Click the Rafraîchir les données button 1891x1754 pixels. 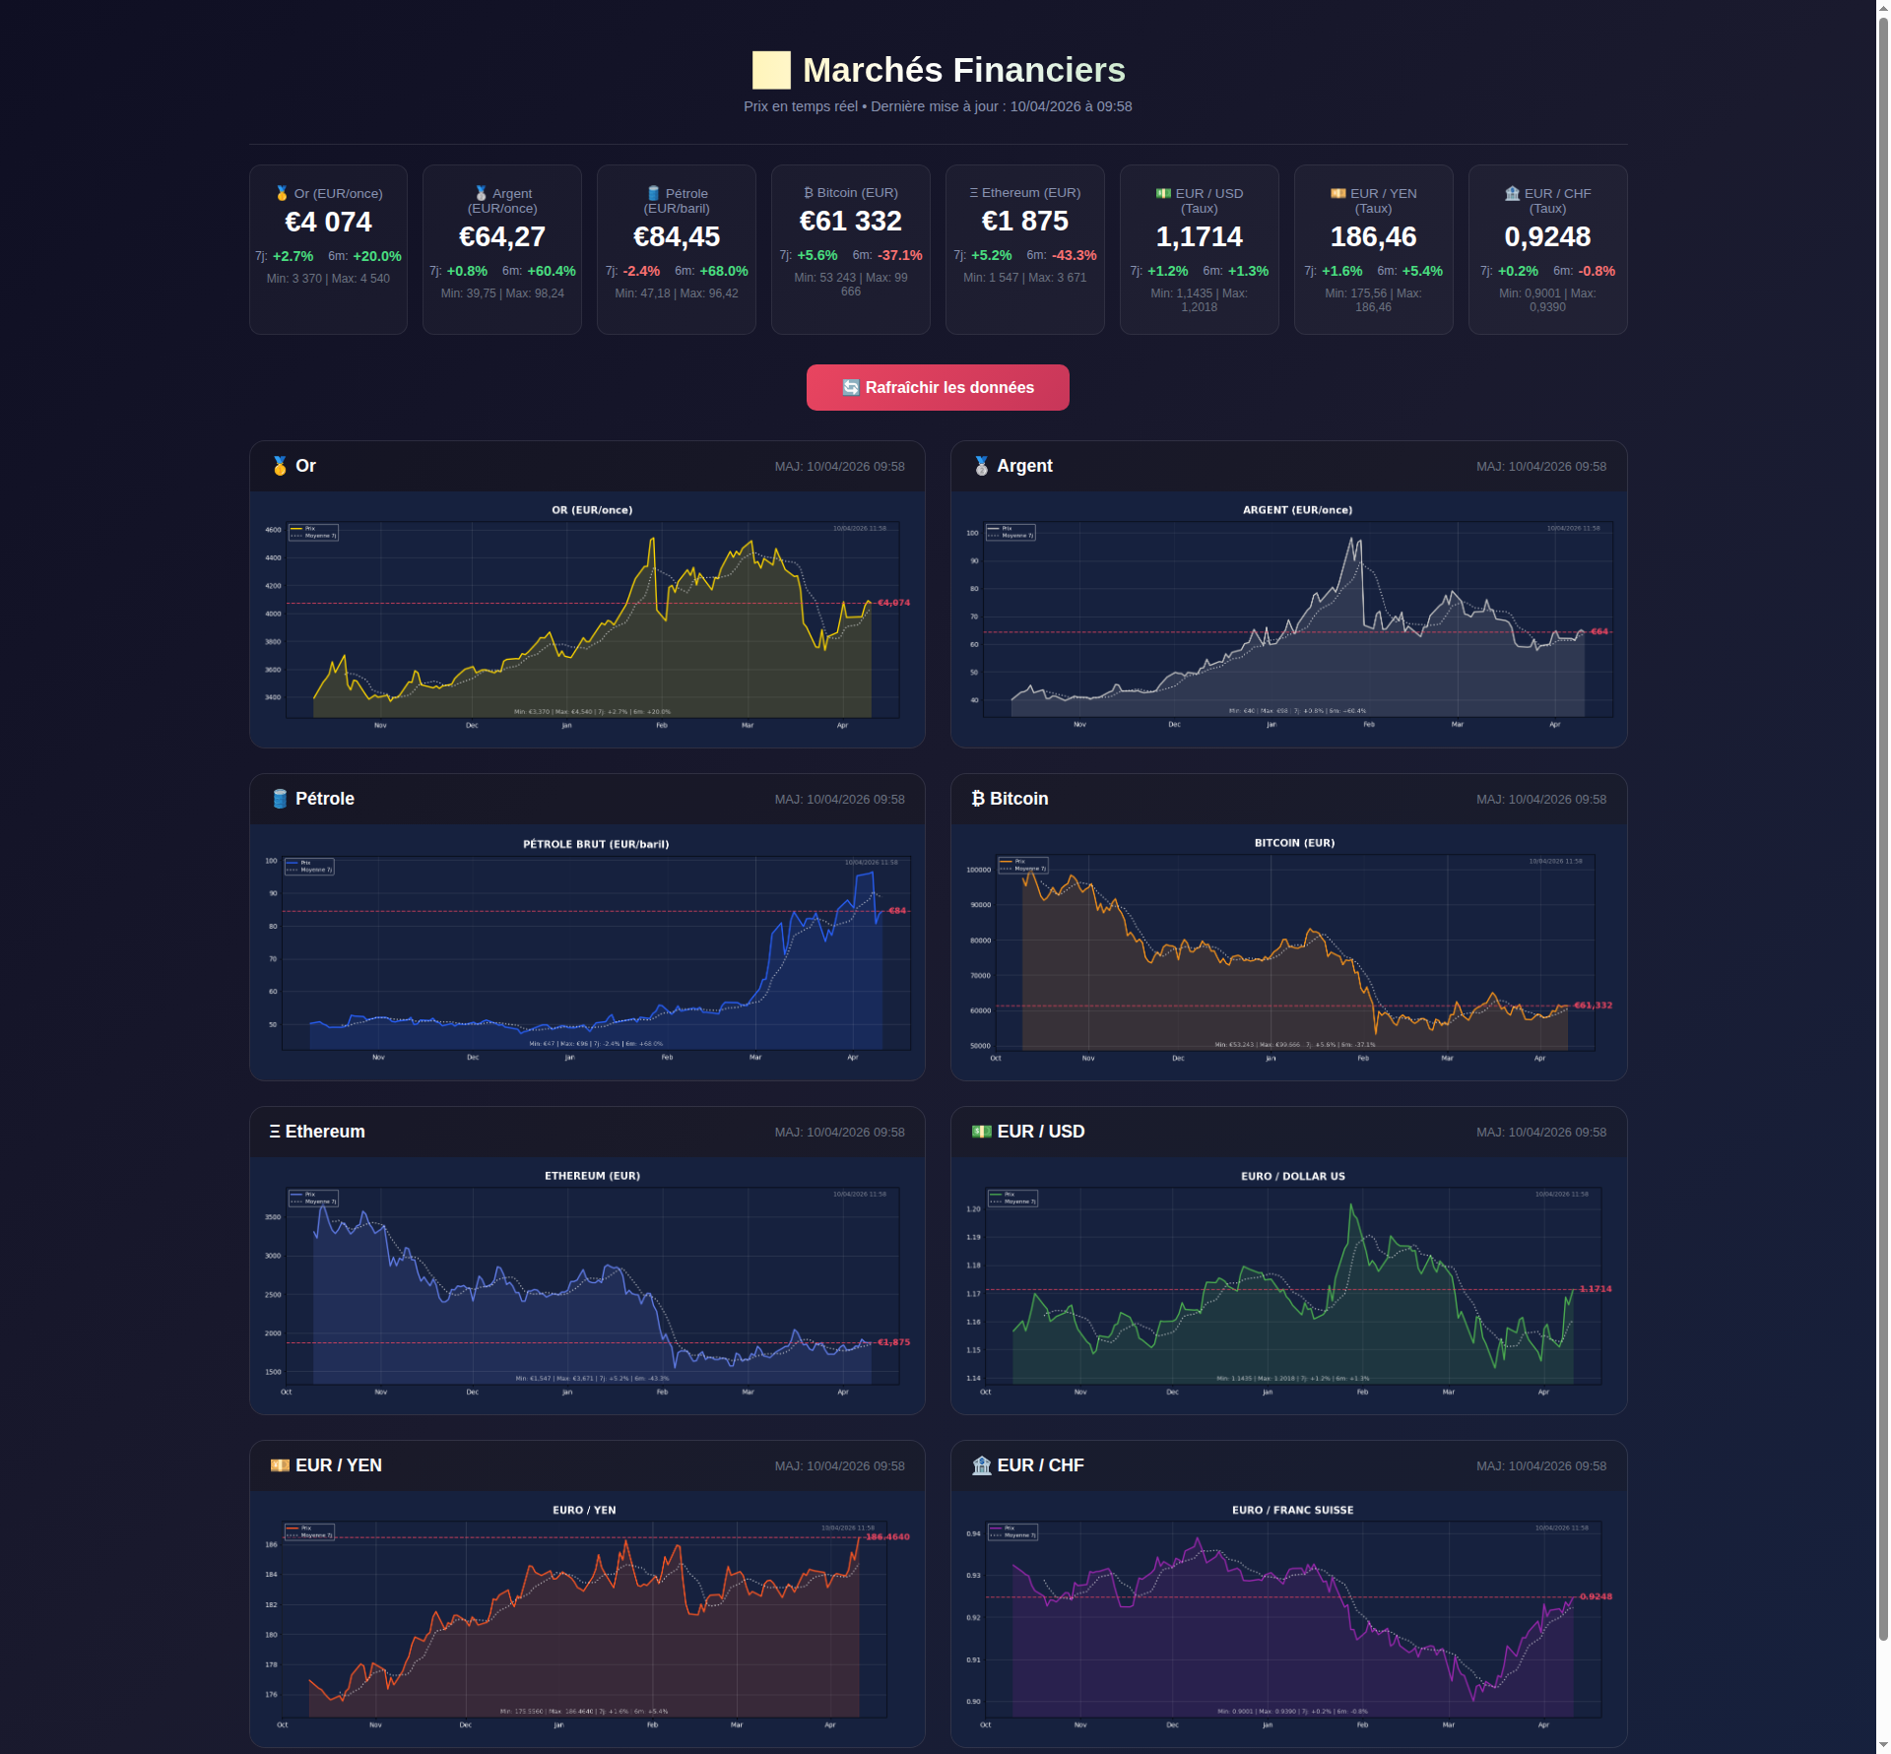938,387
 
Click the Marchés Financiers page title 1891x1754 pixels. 962,70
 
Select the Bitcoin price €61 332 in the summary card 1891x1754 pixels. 850,222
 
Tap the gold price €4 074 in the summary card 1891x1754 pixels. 328,223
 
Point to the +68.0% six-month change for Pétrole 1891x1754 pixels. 724,271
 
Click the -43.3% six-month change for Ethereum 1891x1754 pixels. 1075,255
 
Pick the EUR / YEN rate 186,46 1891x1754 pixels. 1373,237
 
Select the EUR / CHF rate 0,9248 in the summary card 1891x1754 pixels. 1547,237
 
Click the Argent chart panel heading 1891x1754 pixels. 1023,466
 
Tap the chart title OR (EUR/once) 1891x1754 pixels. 592,510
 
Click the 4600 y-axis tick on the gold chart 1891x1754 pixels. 273,530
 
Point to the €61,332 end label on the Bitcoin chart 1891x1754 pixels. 1593,1005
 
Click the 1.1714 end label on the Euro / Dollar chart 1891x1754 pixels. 1596,1288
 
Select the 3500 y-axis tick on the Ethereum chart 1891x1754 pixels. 273,1217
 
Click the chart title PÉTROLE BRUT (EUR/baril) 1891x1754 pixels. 596,844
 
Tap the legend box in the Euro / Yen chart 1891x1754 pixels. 309,1531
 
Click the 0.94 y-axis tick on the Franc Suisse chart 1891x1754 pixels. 973,1533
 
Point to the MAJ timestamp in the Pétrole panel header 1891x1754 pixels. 839,800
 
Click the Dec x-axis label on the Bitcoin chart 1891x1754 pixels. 1178,1058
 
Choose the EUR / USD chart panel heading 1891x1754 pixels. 1040,1132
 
